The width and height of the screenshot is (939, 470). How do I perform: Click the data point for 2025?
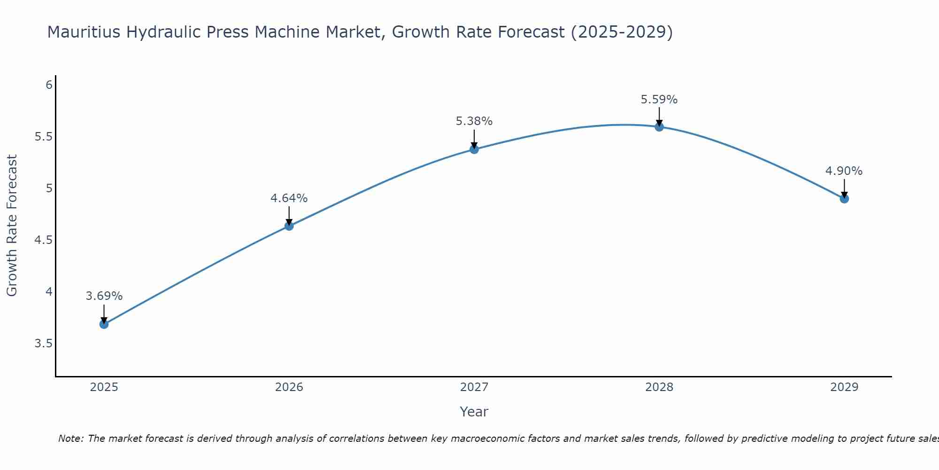[x=104, y=324]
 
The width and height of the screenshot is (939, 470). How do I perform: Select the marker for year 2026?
[x=289, y=226]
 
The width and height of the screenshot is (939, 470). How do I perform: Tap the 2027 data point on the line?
[x=474, y=149]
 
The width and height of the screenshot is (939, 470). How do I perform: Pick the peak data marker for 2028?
[x=659, y=127]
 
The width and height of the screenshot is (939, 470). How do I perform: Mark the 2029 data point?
[x=844, y=199]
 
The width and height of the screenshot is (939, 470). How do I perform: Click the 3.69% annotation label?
[x=104, y=296]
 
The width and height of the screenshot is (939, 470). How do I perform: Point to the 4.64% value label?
[x=289, y=198]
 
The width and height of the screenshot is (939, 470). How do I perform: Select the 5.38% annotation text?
[x=474, y=121]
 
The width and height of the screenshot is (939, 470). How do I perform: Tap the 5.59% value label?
[x=659, y=100]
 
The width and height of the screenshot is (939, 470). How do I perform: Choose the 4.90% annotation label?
[x=844, y=171]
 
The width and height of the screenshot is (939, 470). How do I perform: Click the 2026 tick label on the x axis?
[x=289, y=387]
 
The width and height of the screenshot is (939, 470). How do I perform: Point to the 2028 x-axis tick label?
[x=659, y=387]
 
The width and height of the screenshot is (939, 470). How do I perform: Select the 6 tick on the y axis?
[x=48, y=85]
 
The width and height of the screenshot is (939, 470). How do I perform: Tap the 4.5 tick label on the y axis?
[x=43, y=240]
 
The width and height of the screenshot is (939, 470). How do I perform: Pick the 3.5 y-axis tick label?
[x=43, y=344]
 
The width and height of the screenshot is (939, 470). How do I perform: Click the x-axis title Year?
[x=474, y=412]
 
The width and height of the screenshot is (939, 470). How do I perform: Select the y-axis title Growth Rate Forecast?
[x=12, y=226]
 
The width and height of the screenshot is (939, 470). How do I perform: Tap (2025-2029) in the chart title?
[x=622, y=32]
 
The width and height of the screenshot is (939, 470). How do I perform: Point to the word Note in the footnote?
[x=70, y=439]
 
